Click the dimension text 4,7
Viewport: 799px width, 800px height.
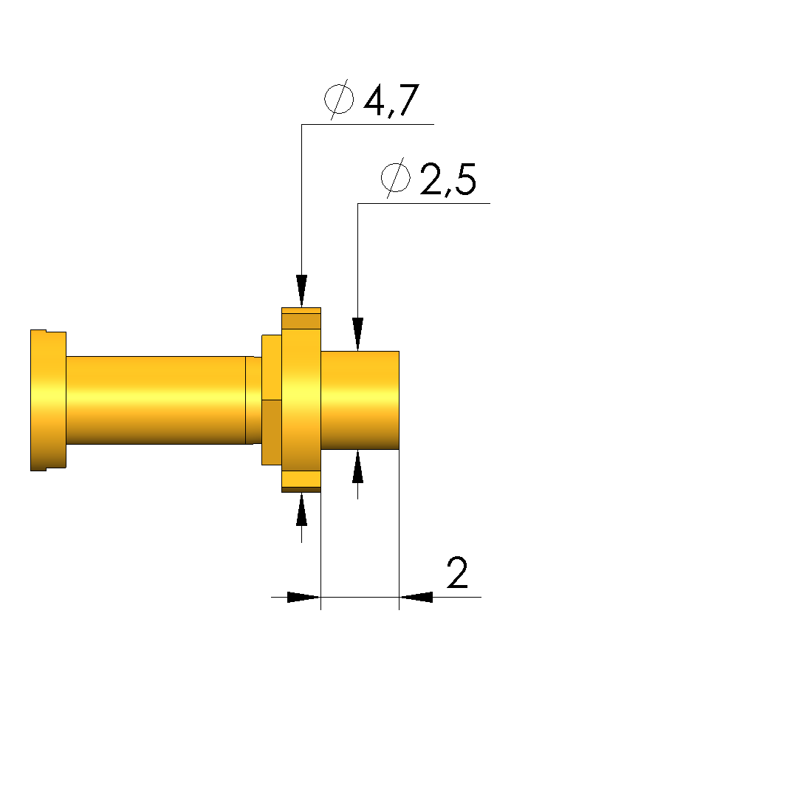pos(391,100)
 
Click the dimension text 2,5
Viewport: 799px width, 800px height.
pos(448,179)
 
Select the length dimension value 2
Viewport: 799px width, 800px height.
pos(457,572)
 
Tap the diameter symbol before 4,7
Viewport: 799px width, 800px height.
pos(339,100)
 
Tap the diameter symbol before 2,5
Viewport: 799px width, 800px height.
pos(396,178)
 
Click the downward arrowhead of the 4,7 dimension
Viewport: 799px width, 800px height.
pos(301,291)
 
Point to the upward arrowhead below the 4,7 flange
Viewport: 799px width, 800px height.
pos(301,509)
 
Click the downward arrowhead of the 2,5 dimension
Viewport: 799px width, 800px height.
pos(358,334)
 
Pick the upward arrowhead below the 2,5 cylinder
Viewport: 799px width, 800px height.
pos(358,466)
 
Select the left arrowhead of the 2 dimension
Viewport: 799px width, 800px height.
pos(304,597)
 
